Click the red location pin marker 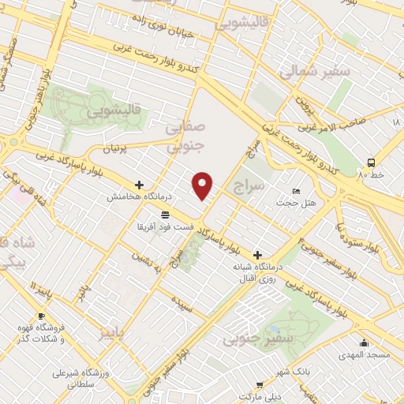(203, 186)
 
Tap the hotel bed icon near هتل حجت (296, 192)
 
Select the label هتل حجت (295, 204)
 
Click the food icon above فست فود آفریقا (165, 215)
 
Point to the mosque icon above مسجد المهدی (364, 342)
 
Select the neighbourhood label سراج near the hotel (250, 186)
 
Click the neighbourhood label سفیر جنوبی (250, 339)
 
